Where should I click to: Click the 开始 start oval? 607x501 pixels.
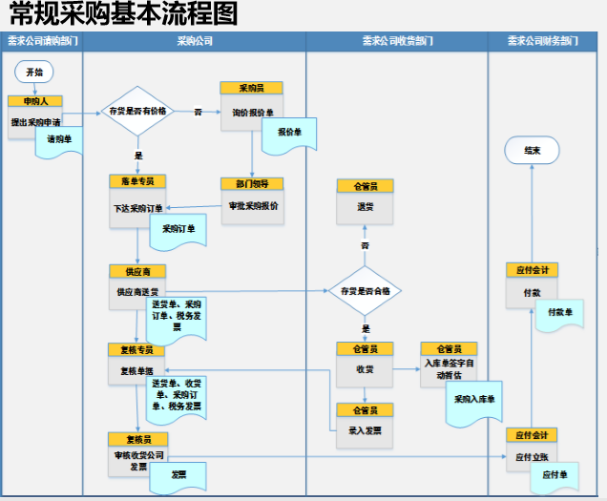[34, 72]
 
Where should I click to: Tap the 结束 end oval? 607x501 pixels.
[532, 151]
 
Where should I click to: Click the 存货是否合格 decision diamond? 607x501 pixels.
[365, 292]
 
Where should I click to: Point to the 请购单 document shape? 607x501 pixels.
[60, 140]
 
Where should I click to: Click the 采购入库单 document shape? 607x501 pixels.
[474, 400]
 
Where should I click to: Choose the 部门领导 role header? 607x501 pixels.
[252, 183]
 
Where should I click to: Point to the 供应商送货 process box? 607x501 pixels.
[136, 291]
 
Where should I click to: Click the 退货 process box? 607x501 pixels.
[365, 207]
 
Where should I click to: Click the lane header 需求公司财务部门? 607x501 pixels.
[542, 42]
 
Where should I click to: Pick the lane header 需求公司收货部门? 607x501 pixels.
[396, 42]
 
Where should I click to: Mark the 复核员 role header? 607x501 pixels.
[136, 439]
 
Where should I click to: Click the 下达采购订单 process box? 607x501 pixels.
[138, 207]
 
